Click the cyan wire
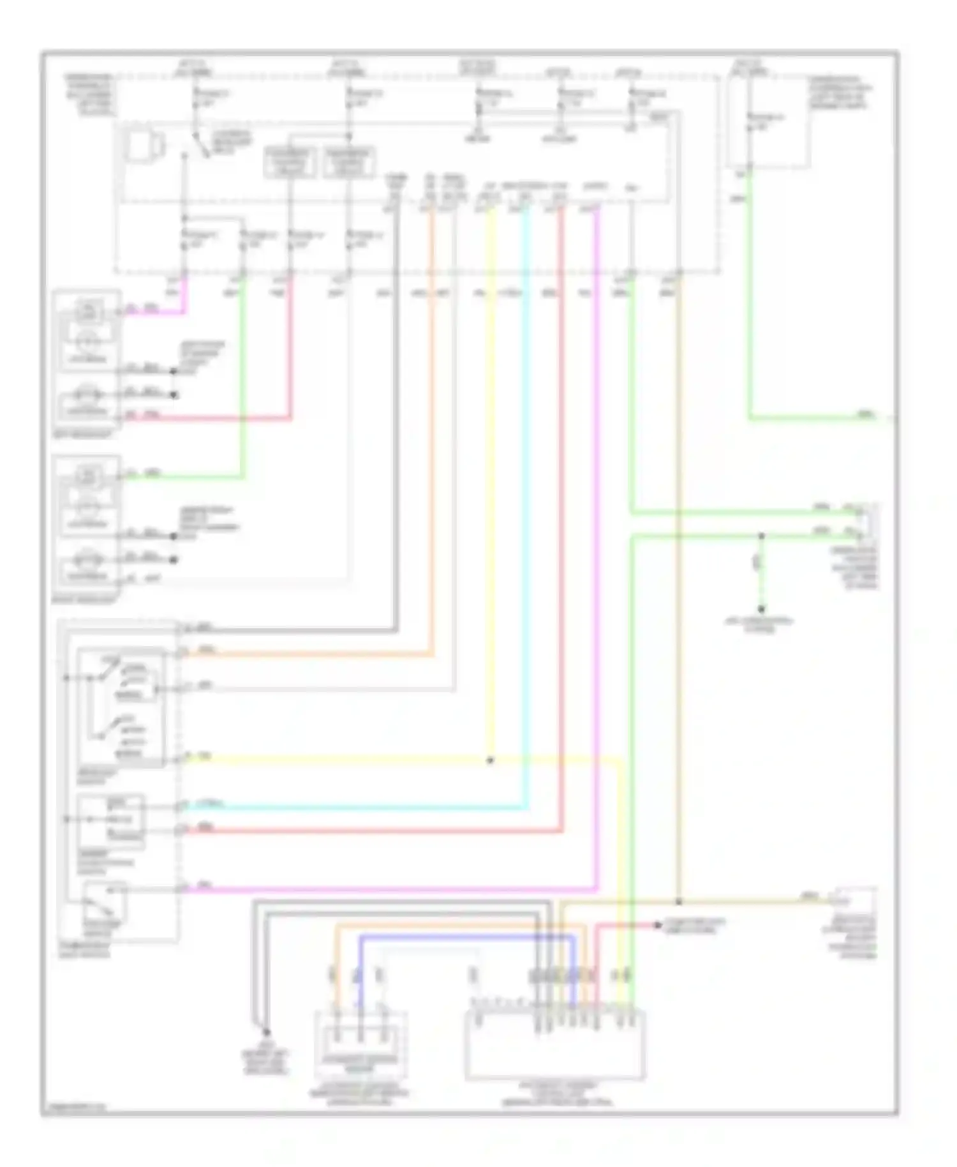pos(525,511)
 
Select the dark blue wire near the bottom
pos(466,937)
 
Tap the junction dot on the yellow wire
pos(489,760)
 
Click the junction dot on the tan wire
pos(679,902)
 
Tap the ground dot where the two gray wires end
pos(266,1032)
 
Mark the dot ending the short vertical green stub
pos(760,610)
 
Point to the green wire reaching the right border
pos(823,419)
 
